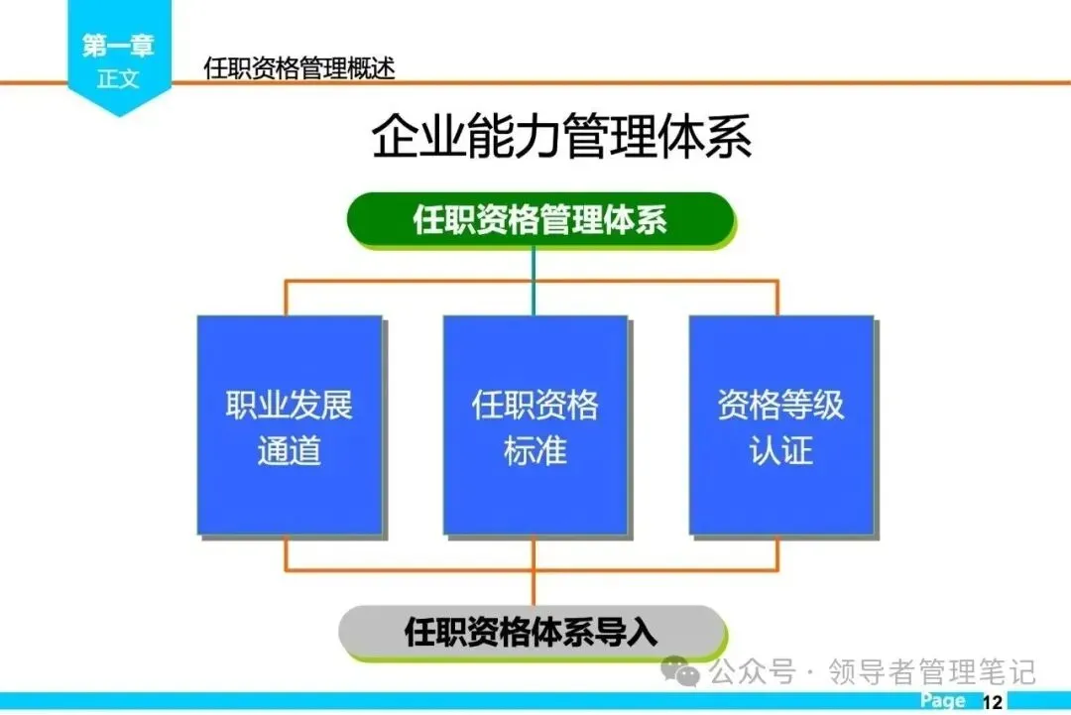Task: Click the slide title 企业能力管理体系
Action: coord(561,137)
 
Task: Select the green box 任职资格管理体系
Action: coord(539,219)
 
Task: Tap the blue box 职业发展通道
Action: coord(289,425)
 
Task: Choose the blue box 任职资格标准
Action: coord(535,425)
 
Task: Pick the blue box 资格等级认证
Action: coord(780,425)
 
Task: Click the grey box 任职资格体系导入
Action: coord(532,632)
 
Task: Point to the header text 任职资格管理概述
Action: coord(299,68)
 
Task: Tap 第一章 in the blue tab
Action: coord(118,46)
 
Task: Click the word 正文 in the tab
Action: coord(118,79)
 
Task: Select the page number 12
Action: coord(993,702)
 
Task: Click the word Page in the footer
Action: coord(942,701)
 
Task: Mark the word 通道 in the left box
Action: coord(289,451)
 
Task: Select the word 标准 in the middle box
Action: coord(535,451)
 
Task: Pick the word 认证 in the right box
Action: coord(780,451)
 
